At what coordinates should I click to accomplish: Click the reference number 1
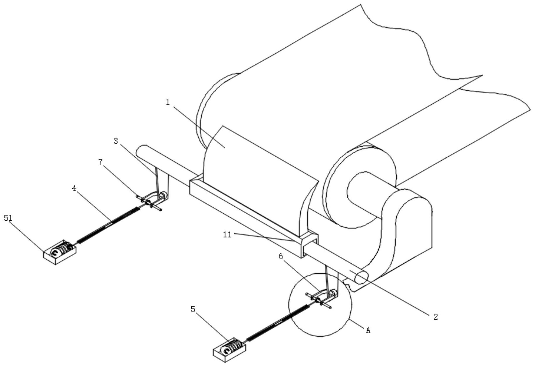pos(168,102)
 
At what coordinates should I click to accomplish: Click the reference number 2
pos(435,316)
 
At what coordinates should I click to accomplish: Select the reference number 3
pos(116,141)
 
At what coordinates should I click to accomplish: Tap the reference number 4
pos(74,188)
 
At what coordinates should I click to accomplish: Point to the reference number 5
pos(193,309)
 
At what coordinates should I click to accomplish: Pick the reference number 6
pos(281,257)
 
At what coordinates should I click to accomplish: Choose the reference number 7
pos(101,162)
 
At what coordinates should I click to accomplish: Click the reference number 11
pos(227,235)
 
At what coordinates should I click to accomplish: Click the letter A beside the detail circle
pos(368,330)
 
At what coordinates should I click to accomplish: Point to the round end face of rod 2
pos(361,278)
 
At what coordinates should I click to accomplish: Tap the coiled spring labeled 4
pos(108,224)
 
